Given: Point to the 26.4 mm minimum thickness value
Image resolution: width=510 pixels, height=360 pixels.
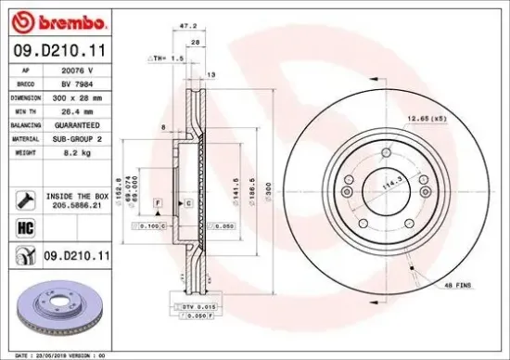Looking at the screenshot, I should pos(77,109).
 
